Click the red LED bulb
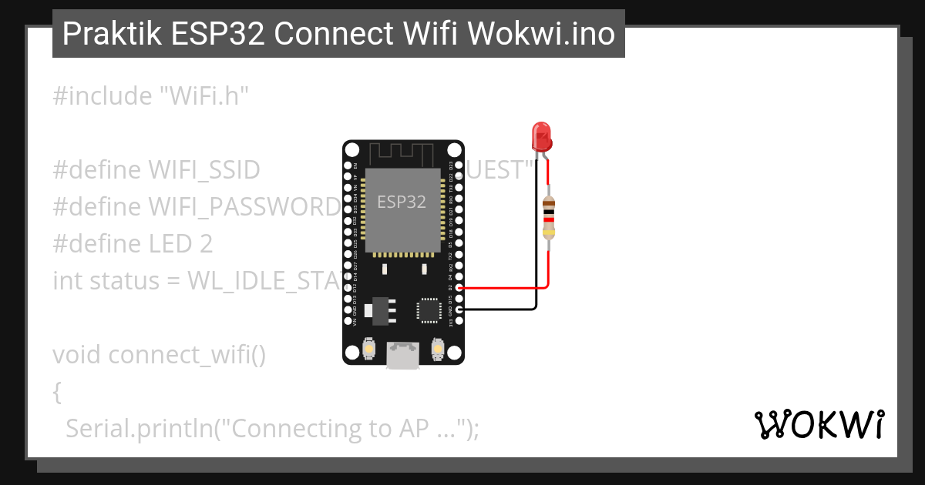(541, 136)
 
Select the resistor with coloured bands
(548, 218)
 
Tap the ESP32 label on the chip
(401, 202)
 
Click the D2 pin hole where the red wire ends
(459, 288)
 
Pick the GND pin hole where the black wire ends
(459, 309)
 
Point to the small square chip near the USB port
(428, 309)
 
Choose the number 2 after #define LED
(206, 244)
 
